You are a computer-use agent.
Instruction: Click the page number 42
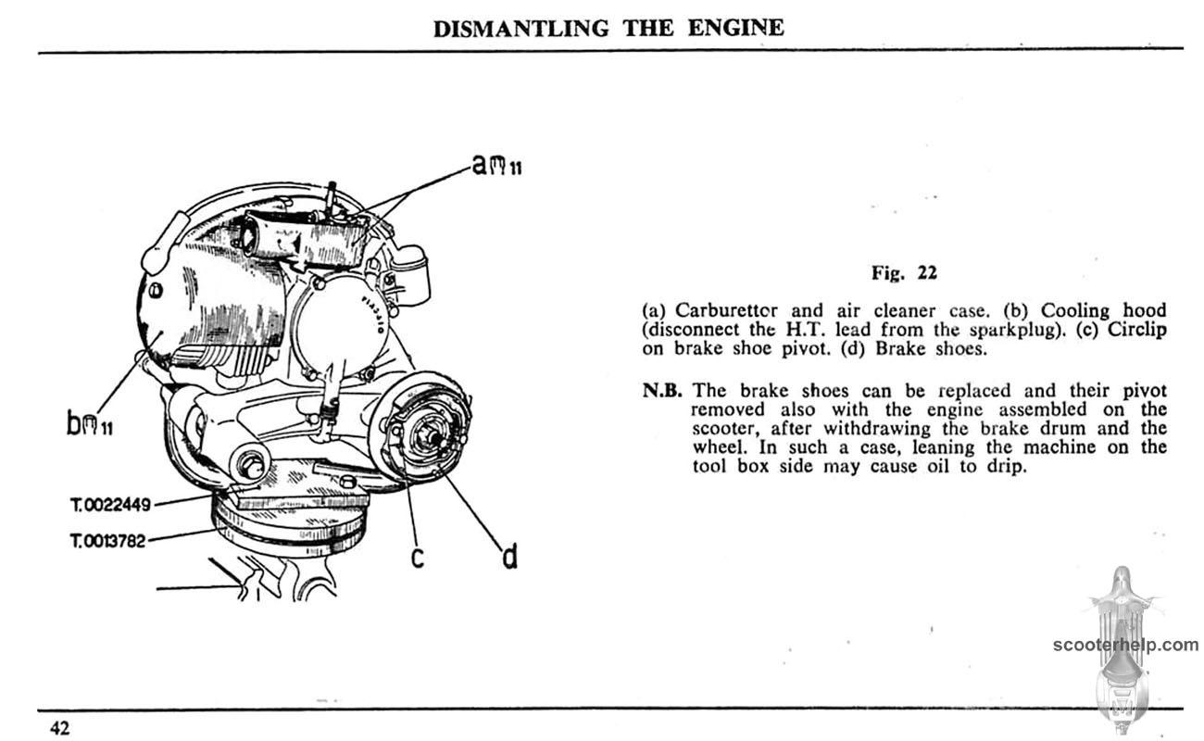(59, 728)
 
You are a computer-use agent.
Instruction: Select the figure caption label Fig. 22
(904, 272)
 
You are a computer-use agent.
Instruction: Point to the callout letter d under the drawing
(508, 558)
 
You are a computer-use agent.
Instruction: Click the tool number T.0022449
(109, 505)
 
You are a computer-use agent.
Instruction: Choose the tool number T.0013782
(107, 540)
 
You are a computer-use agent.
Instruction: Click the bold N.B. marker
(661, 390)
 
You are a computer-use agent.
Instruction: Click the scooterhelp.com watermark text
(1124, 646)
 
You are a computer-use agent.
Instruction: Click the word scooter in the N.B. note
(726, 446)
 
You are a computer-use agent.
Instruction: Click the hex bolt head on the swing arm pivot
(249, 461)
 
